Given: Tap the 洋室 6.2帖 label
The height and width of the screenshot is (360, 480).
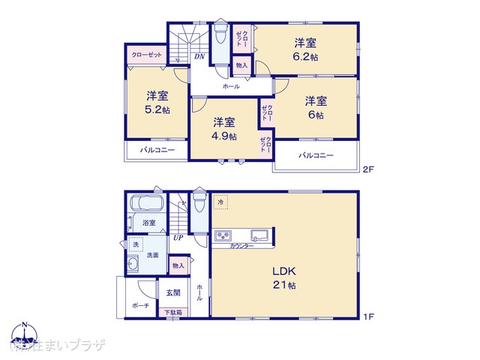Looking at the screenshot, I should click(305, 49).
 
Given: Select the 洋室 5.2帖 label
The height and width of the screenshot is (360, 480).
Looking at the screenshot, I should click(156, 103).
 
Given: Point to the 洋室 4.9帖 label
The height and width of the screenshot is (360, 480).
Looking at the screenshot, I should click(223, 129).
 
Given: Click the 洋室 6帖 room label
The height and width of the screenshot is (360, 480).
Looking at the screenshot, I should click(315, 108).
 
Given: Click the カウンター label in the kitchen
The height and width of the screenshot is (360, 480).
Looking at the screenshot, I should click(241, 247).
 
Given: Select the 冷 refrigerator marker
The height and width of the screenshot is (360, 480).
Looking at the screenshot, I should click(221, 202).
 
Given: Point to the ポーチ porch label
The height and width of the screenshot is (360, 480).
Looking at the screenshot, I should click(140, 307).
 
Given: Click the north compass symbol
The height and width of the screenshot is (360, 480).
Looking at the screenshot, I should click(25, 335).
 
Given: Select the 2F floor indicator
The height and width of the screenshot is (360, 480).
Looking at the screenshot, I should click(367, 169).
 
